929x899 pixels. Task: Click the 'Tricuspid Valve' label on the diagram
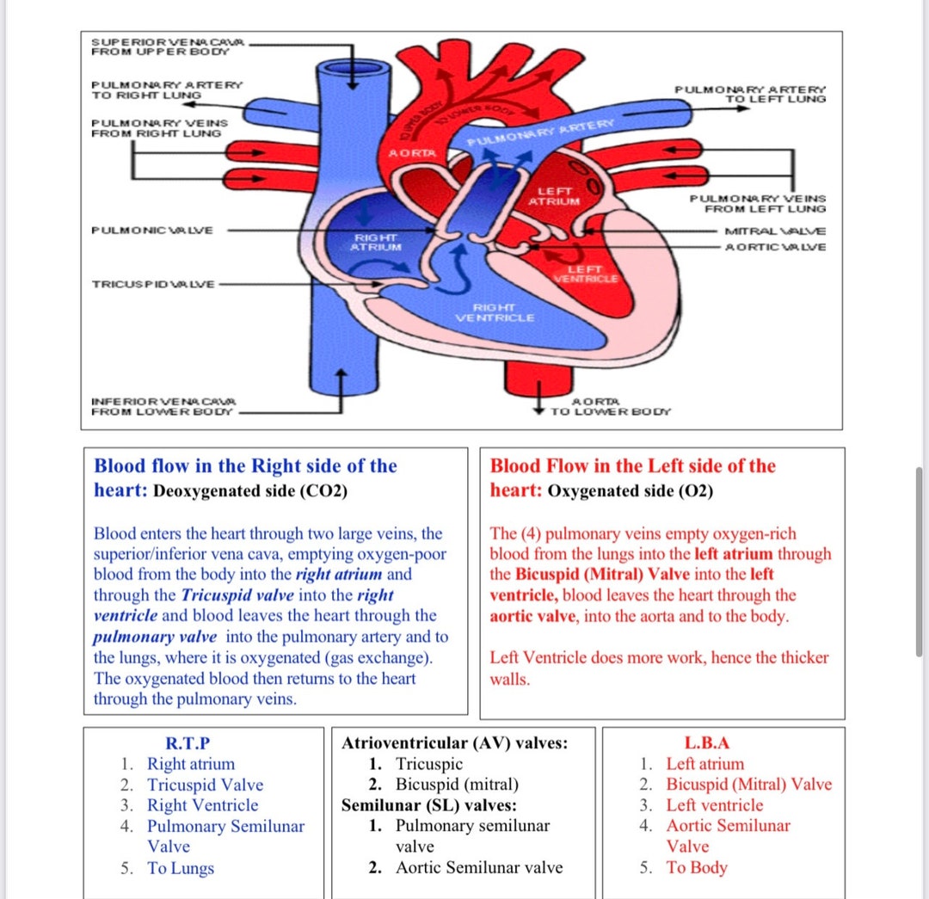click(x=153, y=284)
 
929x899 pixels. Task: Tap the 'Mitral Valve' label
click(x=775, y=231)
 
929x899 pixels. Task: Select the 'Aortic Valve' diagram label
click(x=775, y=247)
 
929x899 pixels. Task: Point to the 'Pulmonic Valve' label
click(x=152, y=231)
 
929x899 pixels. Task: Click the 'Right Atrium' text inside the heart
click(x=376, y=242)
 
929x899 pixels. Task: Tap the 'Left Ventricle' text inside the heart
click(x=585, y=274)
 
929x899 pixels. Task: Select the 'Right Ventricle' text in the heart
click(x=494, y=312)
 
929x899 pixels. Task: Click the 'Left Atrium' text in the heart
click(x=554, y=195)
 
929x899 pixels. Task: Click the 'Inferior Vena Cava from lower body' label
click(x=163, y=407)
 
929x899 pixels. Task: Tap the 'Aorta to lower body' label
click(x=609, y=407)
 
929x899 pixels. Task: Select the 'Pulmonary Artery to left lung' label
click(x=749, y=94)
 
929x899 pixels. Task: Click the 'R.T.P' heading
click(x=187, y=743)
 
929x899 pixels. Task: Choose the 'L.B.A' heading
click(x=706, y=743)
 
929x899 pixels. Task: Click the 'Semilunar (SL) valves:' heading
click(x=429, y=805)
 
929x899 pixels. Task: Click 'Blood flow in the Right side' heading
click(x=245, y=466)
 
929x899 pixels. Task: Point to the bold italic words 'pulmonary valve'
click(x=156, y=637)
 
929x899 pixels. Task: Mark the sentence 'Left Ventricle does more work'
click(x=659, y=658)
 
